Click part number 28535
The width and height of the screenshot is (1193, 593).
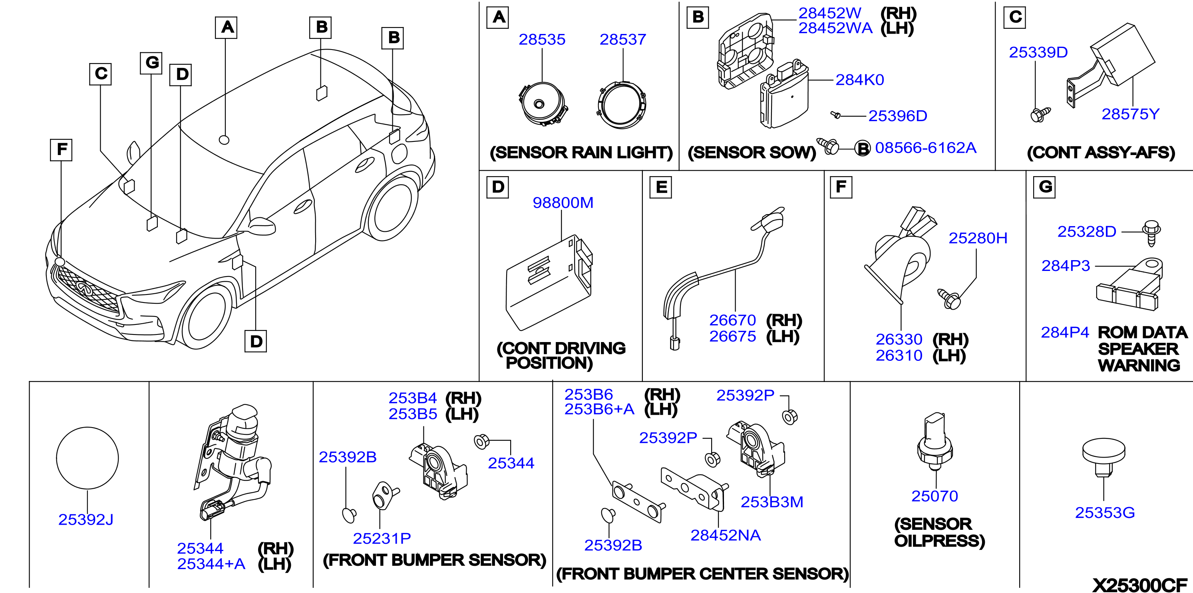pyautogui.click(x=542, y=40)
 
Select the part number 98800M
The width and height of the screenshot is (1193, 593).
pyautogui.click(x=563, y=203)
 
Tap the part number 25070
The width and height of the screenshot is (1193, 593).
pyautogui.click(x=935, y=496)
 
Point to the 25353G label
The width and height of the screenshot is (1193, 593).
pyautogui.click(x=1105, y=513)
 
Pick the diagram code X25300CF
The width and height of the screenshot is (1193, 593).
pyautogui.click(x=1140, y=585)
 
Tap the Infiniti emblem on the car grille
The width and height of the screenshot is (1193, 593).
pyautogui.click(x=84, y=288)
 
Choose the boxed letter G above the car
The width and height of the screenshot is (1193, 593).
pyautogui.click(x=151, y=63)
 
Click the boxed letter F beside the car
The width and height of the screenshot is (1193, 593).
pyautogui.click(x=61, y=149)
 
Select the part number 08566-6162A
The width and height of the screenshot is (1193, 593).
pyautogui.click(x=925, y=148)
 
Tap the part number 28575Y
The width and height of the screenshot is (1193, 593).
pyautogui.click(x=1130, y=114)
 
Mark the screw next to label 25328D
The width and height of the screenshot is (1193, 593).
pyautogui.click(x=1151, y=233)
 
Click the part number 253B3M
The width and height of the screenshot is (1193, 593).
pyautogui.click(x=771, y=502)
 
